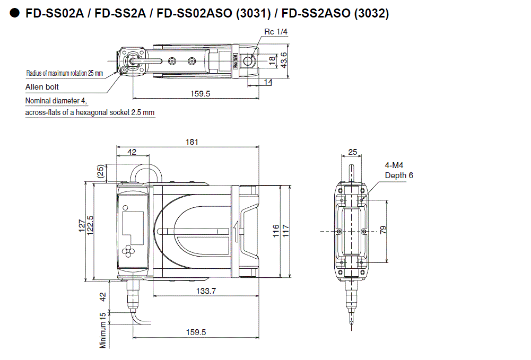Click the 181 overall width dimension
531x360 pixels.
point(191,142)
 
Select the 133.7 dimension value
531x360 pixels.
point(205,291)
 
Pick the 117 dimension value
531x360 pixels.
point(286,231)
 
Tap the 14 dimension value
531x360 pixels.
point(268,82)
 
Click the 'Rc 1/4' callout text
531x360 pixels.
point(276,32)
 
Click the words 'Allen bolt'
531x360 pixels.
point(42,87)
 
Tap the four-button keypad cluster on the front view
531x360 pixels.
point(129,250)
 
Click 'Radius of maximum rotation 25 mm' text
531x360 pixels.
point(64,73)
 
